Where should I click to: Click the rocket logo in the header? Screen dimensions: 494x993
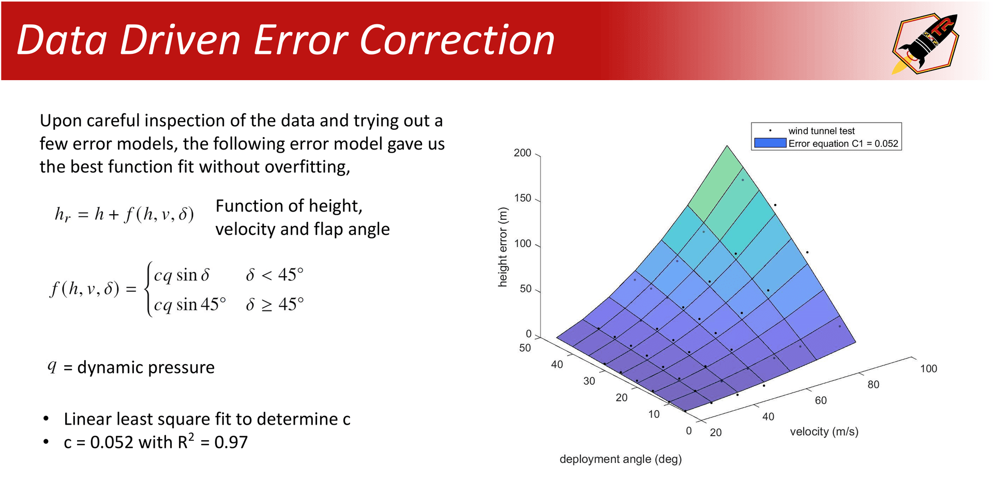925,43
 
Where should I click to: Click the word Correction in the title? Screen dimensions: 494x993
456,40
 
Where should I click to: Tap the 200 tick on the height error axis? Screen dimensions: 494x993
522,153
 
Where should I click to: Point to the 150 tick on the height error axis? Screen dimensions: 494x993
522,198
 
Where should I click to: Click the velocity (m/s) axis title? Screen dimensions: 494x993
824,431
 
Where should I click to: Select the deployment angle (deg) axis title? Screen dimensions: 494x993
620,459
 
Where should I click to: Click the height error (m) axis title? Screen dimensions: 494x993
503,247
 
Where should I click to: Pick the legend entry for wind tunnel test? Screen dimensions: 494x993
821,131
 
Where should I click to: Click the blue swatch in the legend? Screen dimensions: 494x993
770,143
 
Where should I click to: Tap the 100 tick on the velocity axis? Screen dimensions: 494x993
928,368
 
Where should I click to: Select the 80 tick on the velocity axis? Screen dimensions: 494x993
873,384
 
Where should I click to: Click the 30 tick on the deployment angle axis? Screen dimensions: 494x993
589,381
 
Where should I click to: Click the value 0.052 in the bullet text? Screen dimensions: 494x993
112,442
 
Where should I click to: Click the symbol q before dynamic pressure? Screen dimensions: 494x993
52,366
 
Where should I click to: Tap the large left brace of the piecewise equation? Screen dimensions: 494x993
148,289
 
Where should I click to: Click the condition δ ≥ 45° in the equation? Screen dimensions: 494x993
275,304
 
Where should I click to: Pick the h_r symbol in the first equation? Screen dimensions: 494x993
63,214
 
